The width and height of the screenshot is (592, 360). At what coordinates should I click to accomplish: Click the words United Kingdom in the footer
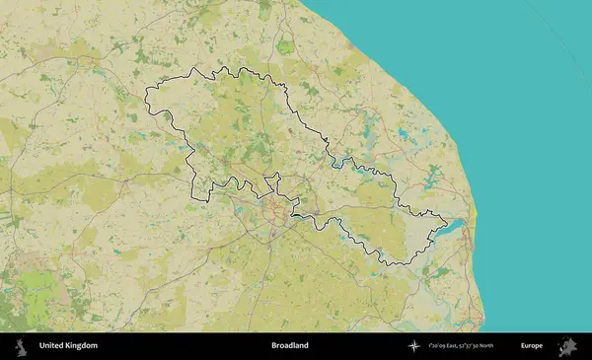pyautogui.click(x=68, y=346)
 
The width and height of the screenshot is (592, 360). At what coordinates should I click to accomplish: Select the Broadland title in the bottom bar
pyautogui.click(x=289, y=346)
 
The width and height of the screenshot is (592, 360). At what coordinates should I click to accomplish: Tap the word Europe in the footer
pyautogui.click(x=532, y=346)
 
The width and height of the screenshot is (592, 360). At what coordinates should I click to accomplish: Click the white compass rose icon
pyautogui.click(x=416, y=346)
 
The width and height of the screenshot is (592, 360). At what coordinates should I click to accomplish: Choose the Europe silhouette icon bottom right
pyautogui.click(x=567, y=345)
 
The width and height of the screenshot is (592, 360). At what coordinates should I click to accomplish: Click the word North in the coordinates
pyautogui.click(x=512, y=346)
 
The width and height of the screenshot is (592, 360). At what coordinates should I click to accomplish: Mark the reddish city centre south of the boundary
pyautogui.click(x=279, y=212)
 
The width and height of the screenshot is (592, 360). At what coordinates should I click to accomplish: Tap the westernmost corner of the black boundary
pyautogui.click(x=146, y=92)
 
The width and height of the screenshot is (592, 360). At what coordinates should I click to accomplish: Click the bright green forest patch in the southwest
pyautogui.click(x=39, y=291)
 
